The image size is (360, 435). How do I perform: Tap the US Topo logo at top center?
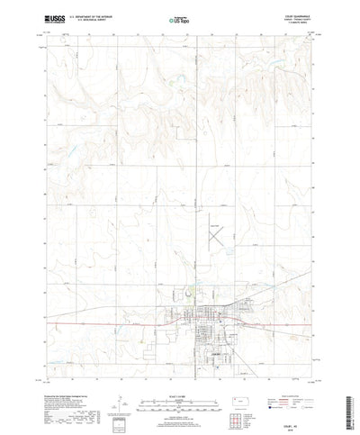click(180, 19)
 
